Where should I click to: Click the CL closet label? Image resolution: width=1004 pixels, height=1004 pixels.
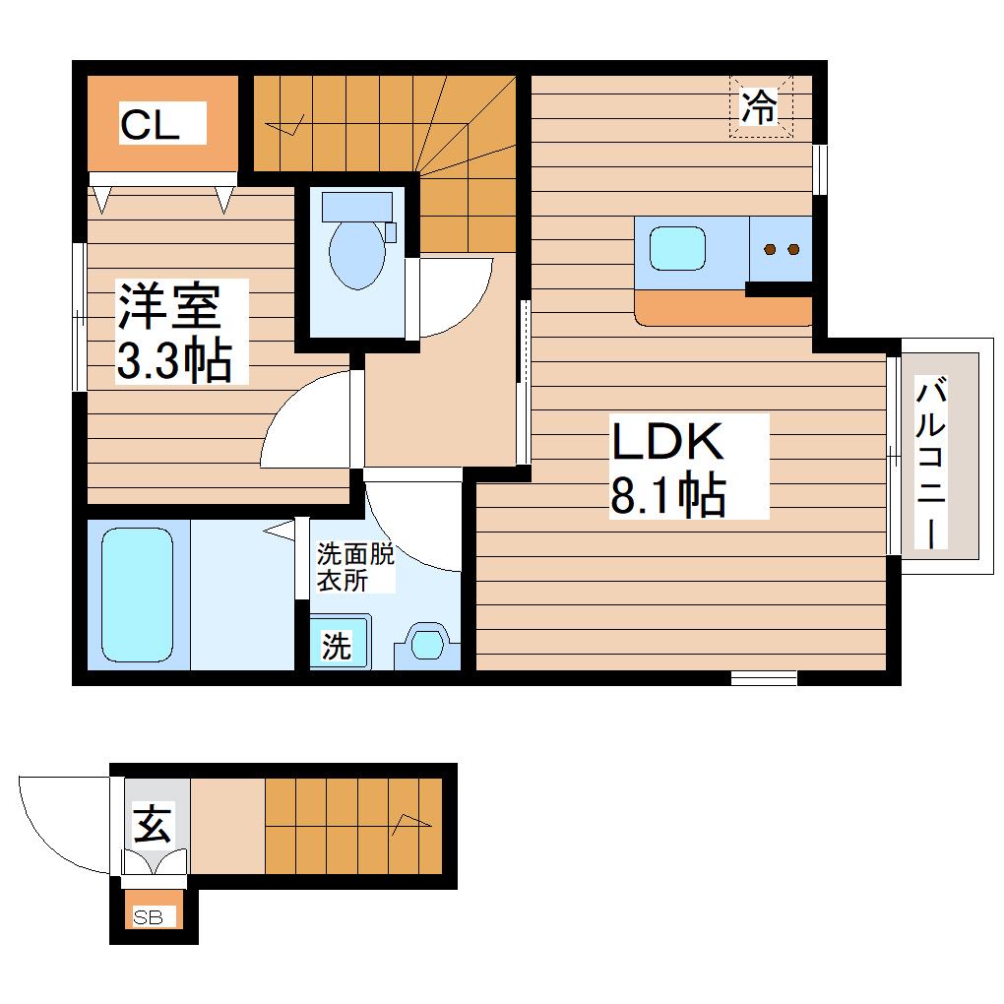point(150,125)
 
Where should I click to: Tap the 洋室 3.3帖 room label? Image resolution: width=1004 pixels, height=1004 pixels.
point(175,332)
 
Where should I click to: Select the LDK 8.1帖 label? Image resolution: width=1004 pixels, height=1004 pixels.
point(667,466)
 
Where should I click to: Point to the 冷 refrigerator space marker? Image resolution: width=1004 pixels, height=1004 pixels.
point(760,106)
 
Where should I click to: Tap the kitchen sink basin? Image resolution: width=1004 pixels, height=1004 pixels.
point(677,249)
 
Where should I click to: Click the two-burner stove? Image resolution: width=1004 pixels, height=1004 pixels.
point(781,249)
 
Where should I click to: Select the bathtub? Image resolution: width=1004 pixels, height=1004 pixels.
point(137,596)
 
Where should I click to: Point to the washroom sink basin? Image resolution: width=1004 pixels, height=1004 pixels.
point(427,645)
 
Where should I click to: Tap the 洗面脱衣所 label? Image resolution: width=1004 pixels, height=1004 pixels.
point(355,567)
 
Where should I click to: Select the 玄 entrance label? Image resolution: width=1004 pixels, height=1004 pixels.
point(153,824)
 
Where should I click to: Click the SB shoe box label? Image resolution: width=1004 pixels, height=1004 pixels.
point(148,917)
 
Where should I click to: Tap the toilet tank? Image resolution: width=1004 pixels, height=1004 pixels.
point(357,207)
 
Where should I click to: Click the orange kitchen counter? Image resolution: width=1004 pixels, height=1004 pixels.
point(722,308)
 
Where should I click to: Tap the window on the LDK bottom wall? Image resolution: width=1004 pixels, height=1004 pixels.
point(764,677)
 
